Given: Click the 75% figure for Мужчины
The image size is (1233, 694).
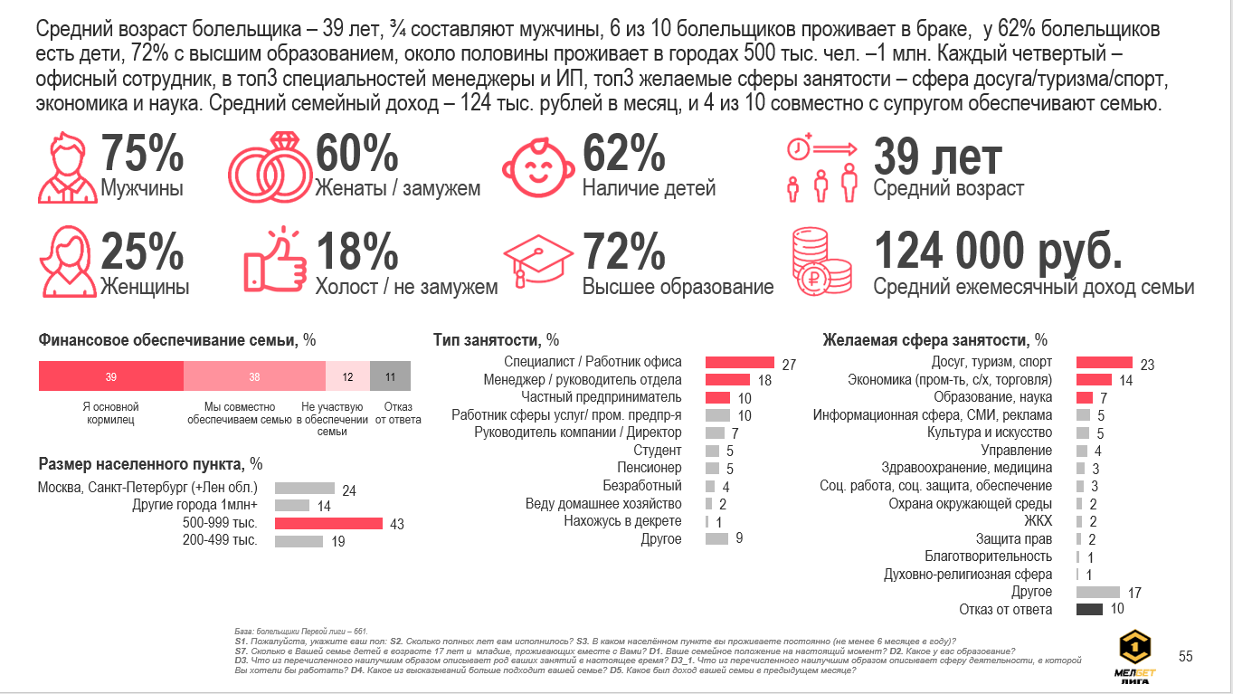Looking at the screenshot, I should pos(142,153).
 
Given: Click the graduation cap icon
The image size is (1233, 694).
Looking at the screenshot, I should pos(538,263).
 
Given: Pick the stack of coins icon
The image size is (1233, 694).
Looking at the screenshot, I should pos(820,263).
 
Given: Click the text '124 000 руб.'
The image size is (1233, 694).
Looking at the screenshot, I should pos(998,252).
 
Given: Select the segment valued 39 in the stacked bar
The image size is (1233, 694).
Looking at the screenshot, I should pos(110,376).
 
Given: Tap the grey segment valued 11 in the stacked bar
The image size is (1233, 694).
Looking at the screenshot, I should pos(390,376).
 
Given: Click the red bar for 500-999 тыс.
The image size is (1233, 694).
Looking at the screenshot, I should pos(328,524).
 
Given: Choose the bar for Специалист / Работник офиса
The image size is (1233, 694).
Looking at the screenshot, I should pos(739,363).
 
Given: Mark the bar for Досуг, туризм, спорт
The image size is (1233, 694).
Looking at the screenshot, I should pos(1104,363).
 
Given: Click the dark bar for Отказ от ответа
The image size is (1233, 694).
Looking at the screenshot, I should pos(1089,610).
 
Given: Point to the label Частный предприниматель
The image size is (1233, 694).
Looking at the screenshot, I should pos(601,397).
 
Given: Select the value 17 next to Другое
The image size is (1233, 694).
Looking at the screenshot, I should pos(1134,593).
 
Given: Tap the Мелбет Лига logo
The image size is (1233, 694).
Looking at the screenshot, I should pos(1135,658).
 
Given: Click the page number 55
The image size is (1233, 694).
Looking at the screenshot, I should pos(1184,656).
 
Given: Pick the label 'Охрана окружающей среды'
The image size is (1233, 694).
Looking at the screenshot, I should pos(970,504).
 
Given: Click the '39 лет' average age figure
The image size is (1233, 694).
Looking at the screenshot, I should pos(937,157).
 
